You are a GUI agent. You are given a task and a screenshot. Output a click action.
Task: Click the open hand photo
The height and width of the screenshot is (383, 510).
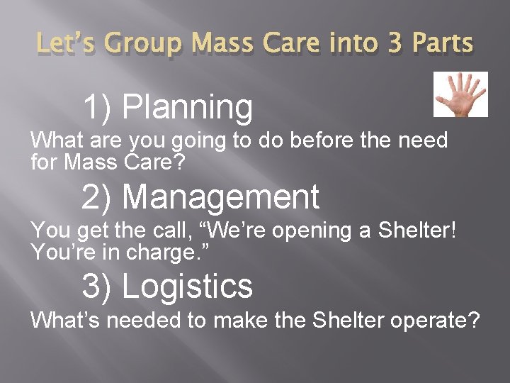(460, 94)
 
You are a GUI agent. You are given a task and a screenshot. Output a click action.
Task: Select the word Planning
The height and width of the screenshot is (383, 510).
(187, 108)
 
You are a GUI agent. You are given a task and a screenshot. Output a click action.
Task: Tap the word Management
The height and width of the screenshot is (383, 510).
(220, 196)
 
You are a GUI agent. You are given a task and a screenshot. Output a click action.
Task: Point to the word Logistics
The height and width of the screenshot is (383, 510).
(187, 286)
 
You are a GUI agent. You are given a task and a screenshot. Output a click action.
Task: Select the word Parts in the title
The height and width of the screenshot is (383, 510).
(445, 44)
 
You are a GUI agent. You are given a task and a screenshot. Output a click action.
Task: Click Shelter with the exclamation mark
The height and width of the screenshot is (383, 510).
(411, 230)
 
